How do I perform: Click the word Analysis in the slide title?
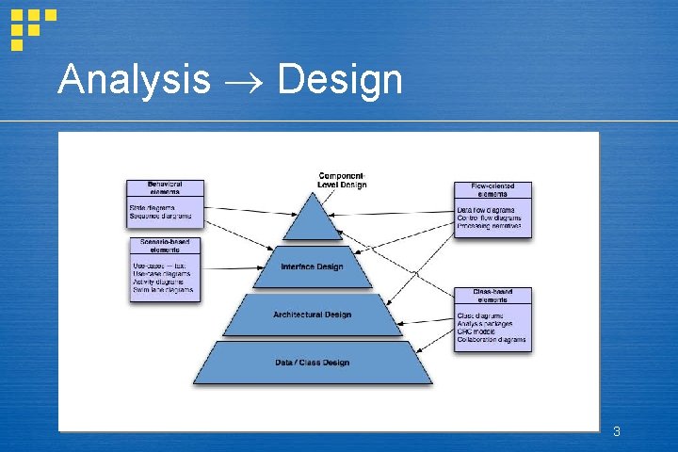pos(133,80)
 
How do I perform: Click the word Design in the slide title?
pos(341,80)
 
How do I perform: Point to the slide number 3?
pos(616,432)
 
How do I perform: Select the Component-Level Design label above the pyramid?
pos(342,180)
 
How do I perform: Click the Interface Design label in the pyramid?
pos(312,266)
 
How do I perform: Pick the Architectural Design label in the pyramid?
pos(312,315)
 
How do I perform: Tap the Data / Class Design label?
pos(312,363)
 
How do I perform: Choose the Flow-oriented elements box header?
pos(492,191)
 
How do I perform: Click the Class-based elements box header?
pos(492,297)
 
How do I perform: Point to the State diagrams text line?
pos(152,208)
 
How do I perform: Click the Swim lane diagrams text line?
pos(163,290)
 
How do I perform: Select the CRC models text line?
pos(477,331)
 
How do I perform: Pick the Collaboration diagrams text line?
pos(492,340)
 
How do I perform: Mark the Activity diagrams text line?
pos(158,282)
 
